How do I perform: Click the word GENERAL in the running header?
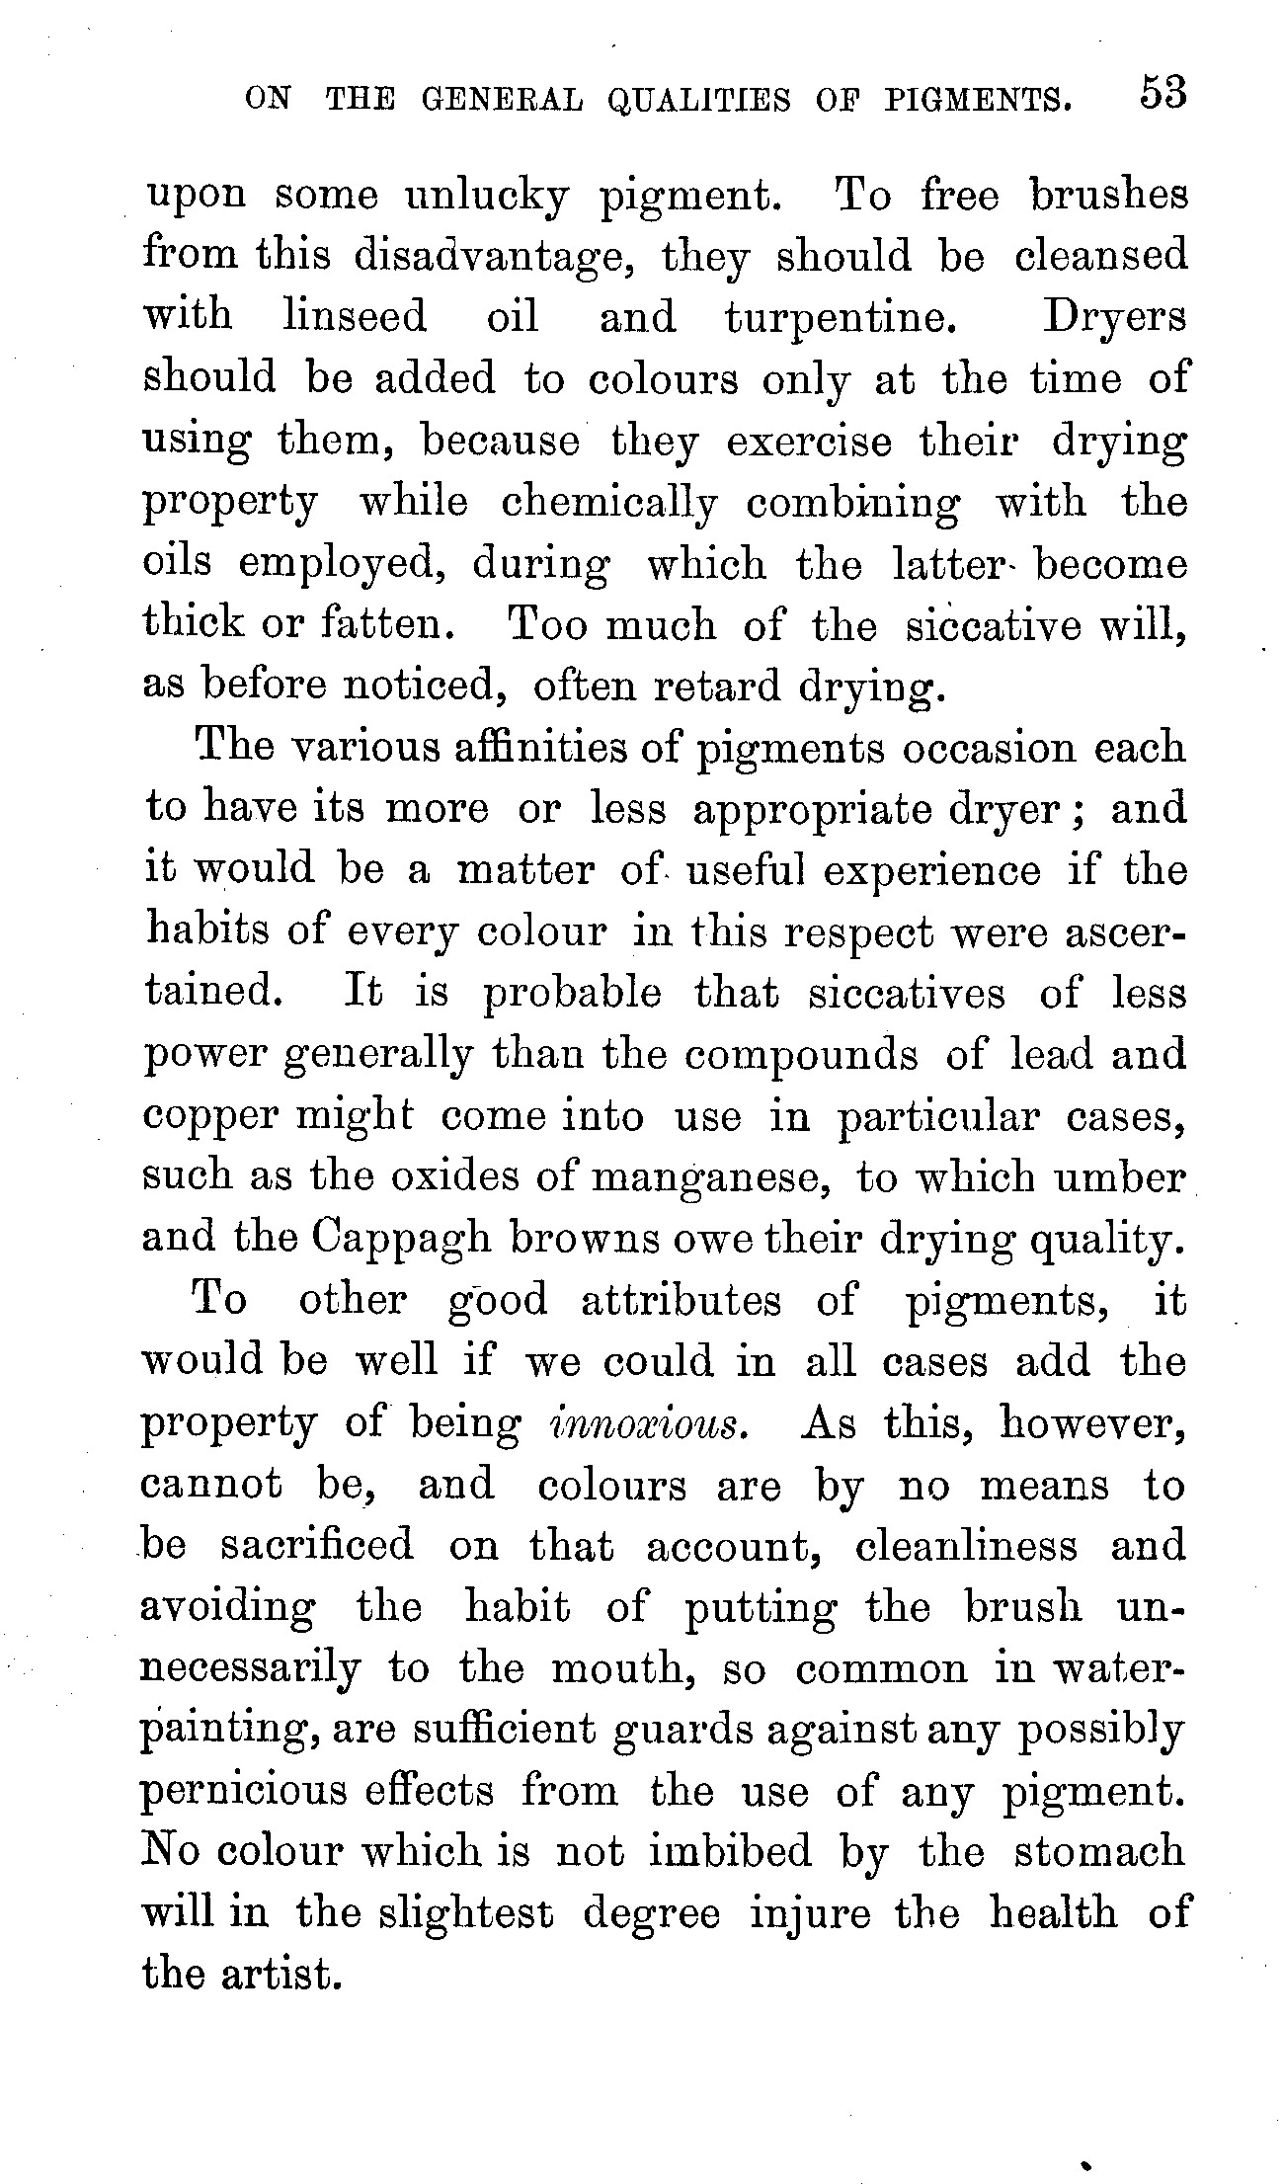tap(501, 100)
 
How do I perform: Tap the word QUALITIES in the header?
tap(697, 100)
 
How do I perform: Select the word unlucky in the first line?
tap(487, 197)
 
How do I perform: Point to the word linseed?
tap(355, 317)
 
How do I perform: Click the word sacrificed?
tap(316, 1546)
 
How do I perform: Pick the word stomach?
tap(1098, 1853)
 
